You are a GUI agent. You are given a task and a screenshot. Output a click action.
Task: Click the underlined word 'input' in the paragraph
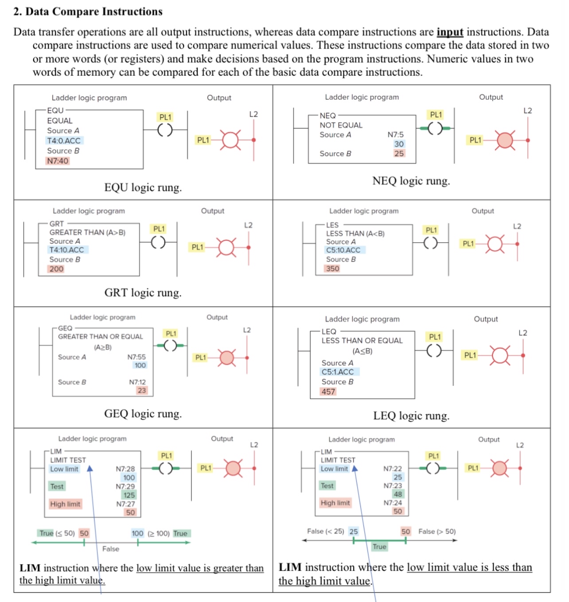point(450,32)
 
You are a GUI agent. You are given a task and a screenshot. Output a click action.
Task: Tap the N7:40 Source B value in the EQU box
point(58,161)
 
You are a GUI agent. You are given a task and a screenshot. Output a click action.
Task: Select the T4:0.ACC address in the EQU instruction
point(64,141)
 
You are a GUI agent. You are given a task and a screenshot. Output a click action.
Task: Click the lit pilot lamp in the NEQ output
point(505,140)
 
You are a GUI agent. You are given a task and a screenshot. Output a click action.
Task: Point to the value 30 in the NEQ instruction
point(399,144)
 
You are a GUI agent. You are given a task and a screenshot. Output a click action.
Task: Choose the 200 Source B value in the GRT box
point(56,269)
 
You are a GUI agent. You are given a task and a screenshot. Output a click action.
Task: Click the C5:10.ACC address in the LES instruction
point(343,250)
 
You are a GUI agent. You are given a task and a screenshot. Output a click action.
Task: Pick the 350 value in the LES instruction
point(332,269)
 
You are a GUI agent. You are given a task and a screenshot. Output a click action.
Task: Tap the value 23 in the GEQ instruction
point(142,390)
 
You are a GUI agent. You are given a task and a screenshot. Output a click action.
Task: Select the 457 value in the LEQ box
point(328,392)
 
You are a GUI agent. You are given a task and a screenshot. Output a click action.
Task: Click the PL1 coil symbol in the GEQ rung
point(170,345)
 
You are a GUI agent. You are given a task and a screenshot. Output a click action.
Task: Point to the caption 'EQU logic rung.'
point(143,188)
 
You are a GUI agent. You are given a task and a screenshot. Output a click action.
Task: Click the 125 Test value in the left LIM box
point(129,495)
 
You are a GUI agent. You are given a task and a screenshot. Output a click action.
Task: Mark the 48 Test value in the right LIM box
point(398,494)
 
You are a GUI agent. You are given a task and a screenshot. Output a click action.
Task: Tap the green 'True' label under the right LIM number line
point(379,547)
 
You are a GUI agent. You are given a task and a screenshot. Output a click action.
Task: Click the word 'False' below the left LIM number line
point(111,549)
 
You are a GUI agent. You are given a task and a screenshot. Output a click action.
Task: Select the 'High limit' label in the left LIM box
point(65,504)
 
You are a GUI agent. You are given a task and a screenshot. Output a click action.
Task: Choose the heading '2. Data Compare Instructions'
point(88,12)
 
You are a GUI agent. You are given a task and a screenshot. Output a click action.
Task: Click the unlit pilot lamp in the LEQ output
point(500,355)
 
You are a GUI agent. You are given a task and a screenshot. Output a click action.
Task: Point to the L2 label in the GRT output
point(248,225)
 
